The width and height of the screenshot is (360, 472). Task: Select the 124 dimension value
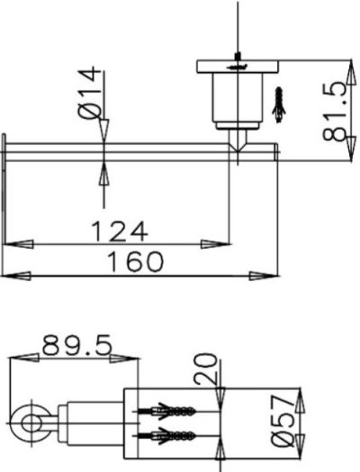pyautogui.click(x=118, y=231)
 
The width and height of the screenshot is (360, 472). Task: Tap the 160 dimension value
pyautogui.click(x=135, y=262)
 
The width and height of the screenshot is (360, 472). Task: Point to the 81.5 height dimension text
pyautogui.click(x=334, y=110)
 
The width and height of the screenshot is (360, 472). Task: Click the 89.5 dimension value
pyautogui.click(x=74, y=345)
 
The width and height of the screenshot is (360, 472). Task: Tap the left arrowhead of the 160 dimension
pyautogui.click(x=16, y=275)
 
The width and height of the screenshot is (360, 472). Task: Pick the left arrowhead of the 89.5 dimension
pyautogui.click(x=20, y=358)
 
